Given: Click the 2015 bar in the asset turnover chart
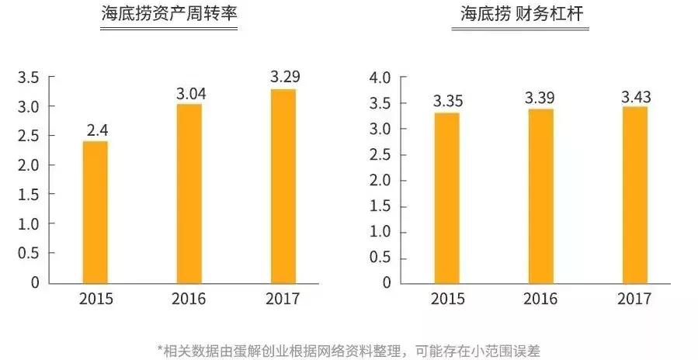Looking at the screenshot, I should (95, 211).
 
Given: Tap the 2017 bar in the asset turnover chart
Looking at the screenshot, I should (283, 185).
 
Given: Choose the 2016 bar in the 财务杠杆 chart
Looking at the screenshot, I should (541, 196).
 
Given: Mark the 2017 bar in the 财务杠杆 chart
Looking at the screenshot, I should (635, 194).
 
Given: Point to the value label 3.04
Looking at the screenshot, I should (189, 93).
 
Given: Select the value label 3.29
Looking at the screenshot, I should (285, 78).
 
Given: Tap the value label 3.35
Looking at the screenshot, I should (448, 101).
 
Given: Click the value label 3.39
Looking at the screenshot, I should (541, 99).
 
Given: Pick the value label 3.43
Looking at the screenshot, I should (635, 96).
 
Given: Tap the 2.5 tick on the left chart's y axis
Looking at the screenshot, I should (30, 137).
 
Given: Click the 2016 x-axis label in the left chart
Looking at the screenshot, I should (189, 299).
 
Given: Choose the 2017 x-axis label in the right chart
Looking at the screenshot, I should (635, 299).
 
